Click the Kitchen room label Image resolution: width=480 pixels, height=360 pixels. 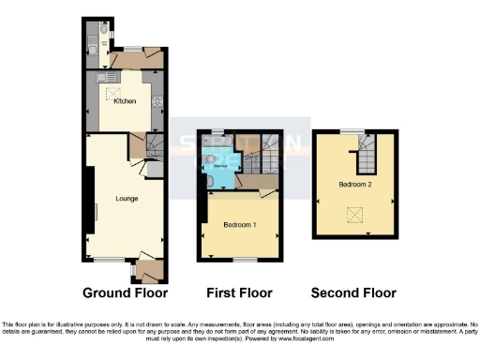(x=125, y=101)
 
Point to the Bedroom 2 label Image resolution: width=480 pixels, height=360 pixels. (x=355, y=185)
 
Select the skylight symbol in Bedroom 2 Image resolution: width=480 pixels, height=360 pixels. (x=356, y=216)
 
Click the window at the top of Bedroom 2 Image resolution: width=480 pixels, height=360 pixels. (x=352, y=130)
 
